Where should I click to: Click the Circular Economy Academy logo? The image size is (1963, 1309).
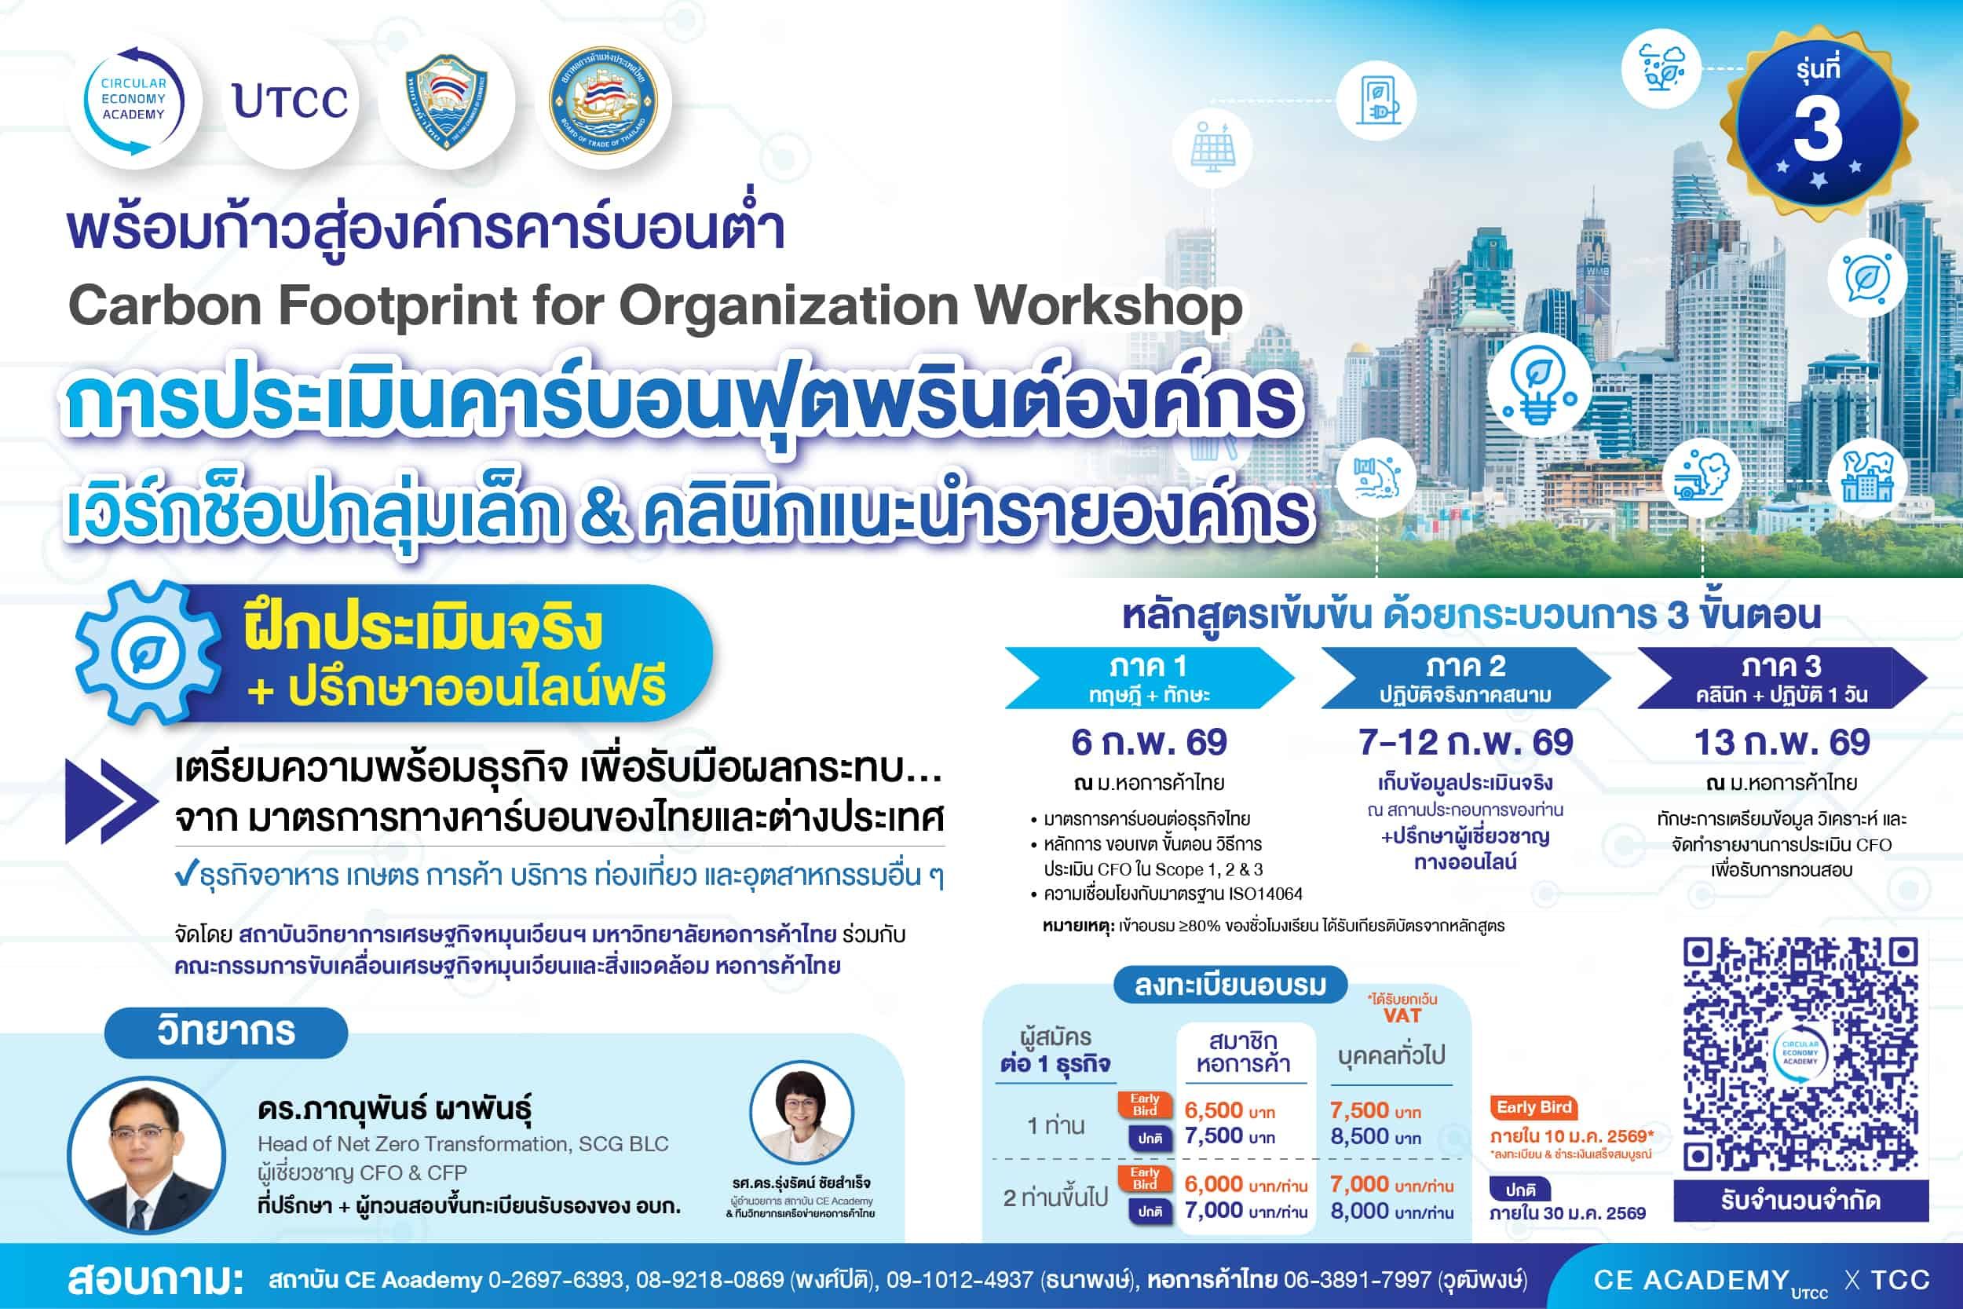pyautogui.click(x=133, y=101)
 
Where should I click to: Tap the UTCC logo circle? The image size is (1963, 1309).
pyautogui.click(x=291, y=101)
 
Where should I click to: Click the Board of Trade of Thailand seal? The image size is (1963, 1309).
pyautogui.click(x=603, y=101)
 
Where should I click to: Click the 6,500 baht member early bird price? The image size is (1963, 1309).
pyautogui.click(x=1230, y=1110)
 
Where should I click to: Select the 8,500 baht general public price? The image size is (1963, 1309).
pyautogui.click(x=1376, y=1136)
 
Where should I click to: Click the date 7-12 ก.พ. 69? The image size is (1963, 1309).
pyautogui.click(x=1465, y=742)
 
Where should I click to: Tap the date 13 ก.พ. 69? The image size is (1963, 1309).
pyautogui.click(x=1782, y=742)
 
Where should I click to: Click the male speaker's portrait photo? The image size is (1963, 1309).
pyautogui.click(x=147, y=1155)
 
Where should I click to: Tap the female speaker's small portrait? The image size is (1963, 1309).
pyautogui.click(x=802, y=1112)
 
